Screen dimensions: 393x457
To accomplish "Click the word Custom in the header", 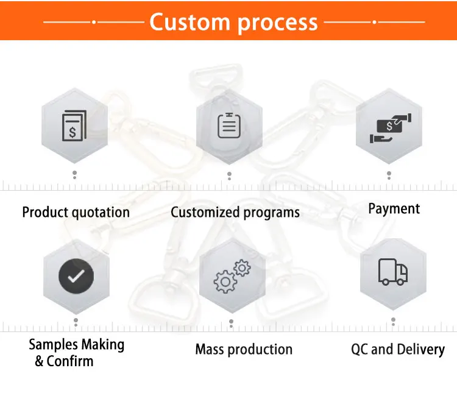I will coord(190,23).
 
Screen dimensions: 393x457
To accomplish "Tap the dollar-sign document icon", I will coord(73,126).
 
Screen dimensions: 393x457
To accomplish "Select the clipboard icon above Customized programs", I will coord(228,126).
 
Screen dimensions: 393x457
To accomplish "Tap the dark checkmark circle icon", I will coord(76,277).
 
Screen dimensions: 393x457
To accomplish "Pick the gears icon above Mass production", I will coord(232,275).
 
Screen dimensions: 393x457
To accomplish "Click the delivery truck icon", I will coord(393,272).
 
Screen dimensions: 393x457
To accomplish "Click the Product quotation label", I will coord(76,213).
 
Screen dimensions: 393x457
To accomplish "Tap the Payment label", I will coord(394,209).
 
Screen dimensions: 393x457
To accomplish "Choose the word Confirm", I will coord(71,361).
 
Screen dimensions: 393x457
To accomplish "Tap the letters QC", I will coord(360,350).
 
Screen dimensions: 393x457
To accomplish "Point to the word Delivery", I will coord(420,350).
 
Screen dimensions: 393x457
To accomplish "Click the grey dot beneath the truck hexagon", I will coord(394,319).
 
